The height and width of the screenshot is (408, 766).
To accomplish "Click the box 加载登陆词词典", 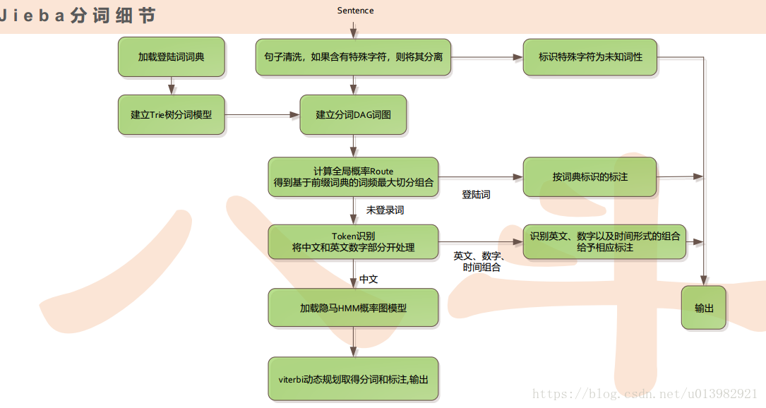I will pos(172,56).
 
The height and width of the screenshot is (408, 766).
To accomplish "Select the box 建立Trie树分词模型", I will pos(172,114).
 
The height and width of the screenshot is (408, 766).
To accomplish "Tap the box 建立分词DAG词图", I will pos(353,114).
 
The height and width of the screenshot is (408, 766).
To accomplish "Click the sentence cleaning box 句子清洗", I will pos(353,56).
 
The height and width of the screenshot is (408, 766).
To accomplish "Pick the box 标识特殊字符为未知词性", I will pos(590,56).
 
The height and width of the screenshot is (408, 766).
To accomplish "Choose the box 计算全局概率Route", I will pos(353,176).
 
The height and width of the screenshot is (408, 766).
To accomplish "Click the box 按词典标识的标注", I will pos(590,176).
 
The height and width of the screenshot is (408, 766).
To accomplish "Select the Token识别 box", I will pos(353,241).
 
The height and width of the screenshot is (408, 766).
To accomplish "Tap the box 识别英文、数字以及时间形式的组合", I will pos(604,241).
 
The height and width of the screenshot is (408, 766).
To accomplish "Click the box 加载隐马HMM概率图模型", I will pos(353,308).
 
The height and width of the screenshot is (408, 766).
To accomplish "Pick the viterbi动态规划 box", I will pos(353,379).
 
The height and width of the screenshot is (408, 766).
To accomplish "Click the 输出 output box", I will pos(703,308).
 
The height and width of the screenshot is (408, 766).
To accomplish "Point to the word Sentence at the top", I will pos(355,11).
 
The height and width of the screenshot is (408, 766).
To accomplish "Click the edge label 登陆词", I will pos(476,195).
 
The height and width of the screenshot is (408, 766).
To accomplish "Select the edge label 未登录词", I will pos(385,210).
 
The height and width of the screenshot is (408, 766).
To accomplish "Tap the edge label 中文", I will pos(369,280).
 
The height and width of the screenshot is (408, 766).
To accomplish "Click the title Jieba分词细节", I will pos(78,16).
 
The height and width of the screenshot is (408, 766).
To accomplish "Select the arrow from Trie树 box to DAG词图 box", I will pos(261,114).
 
